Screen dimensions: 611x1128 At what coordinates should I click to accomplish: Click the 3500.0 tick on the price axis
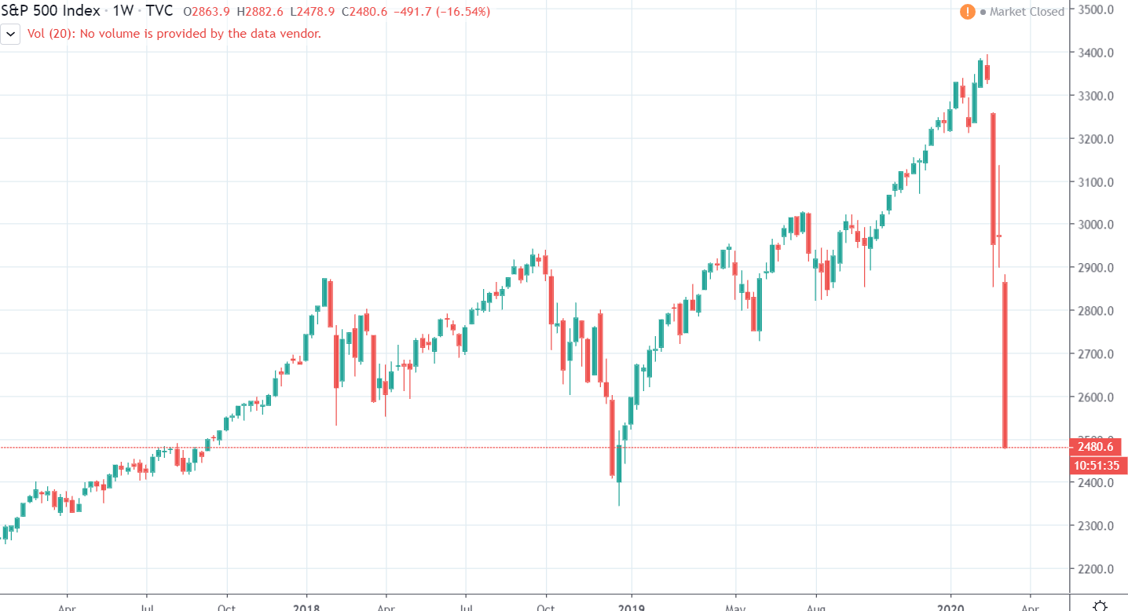click(x=1097, y=10)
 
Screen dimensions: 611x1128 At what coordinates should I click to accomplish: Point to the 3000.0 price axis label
click(x=1097, y=225)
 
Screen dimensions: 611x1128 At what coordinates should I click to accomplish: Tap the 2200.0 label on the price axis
click(x=1097, y=569)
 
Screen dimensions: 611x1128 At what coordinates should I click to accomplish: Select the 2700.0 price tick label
click(x=1097, y=354)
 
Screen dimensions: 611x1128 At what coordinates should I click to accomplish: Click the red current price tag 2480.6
click(x=1097, y=447)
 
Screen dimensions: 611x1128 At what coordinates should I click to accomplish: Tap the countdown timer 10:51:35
click(x=1097, y=466)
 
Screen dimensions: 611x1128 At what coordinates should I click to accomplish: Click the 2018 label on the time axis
click(x=307, y=606)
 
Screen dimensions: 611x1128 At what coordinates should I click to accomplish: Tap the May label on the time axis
click(x=736, y=606)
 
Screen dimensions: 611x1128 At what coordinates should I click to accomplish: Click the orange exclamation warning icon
click(x=967, y=12)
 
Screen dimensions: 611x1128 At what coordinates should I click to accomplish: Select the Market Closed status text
click(x=1027, y=12)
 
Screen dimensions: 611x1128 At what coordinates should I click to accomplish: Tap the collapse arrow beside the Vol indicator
click(x=11, y=34)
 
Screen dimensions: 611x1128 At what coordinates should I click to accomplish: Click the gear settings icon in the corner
click(x=1101, y=605)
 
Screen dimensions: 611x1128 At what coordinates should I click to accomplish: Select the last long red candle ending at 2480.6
click(x=1005, y=365)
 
